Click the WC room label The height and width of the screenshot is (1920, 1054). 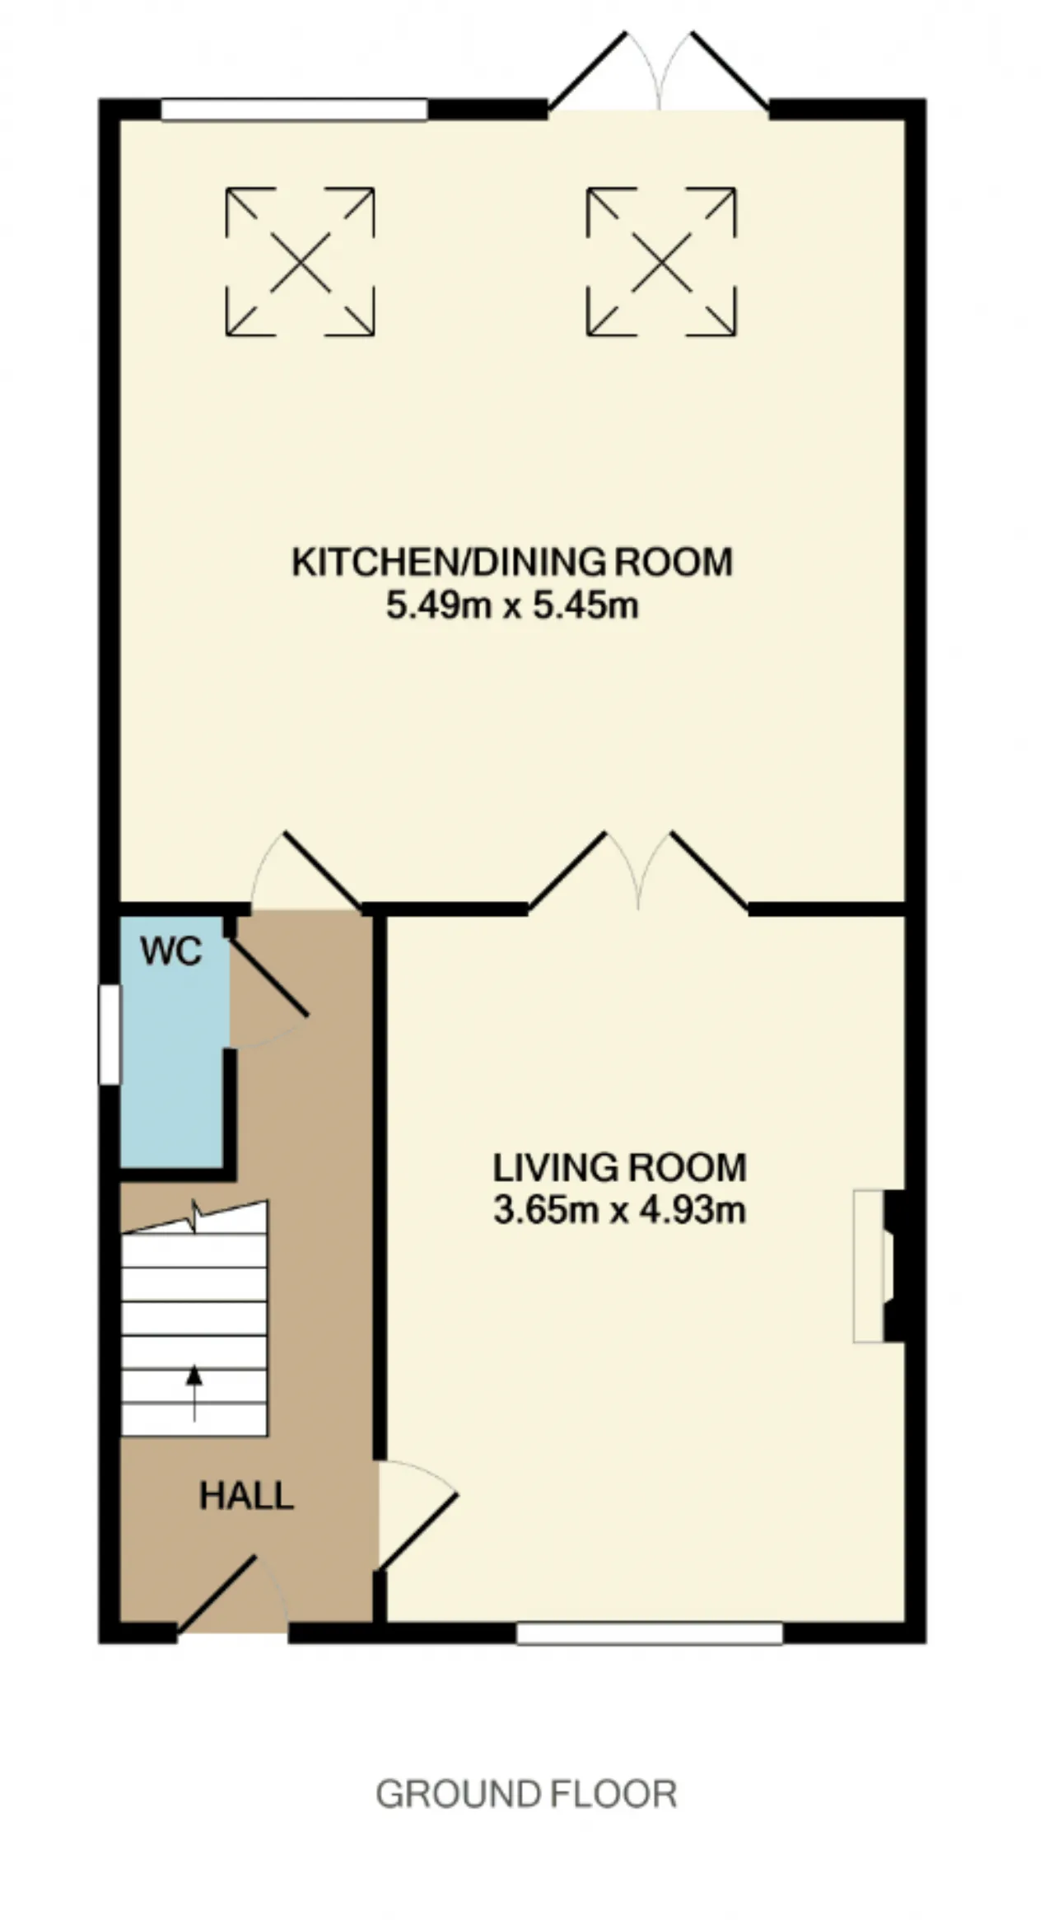pos(171,951)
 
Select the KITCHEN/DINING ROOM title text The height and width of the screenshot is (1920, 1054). pos(512,562)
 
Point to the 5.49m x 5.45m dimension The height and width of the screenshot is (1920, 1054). pos(512,606)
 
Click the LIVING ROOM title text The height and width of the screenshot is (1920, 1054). pos(619,1167)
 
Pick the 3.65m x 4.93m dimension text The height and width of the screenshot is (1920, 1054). pos(619,1211)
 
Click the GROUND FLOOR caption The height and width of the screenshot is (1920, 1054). pos(526,1793)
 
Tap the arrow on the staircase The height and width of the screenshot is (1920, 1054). pos(194,1392)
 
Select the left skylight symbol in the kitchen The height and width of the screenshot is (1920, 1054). pos(301,262)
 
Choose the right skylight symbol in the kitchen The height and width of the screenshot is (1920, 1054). pos(661,262)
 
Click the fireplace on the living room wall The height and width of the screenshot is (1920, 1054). pos(879,1266)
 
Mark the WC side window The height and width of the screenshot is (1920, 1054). pos(110,1035)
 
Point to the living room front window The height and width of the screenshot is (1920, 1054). pos(650,1633)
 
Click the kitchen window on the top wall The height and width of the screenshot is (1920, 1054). pos(294,110)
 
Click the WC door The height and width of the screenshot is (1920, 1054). pos(268,993)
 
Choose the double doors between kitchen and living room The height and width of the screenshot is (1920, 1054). pos(638,871)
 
